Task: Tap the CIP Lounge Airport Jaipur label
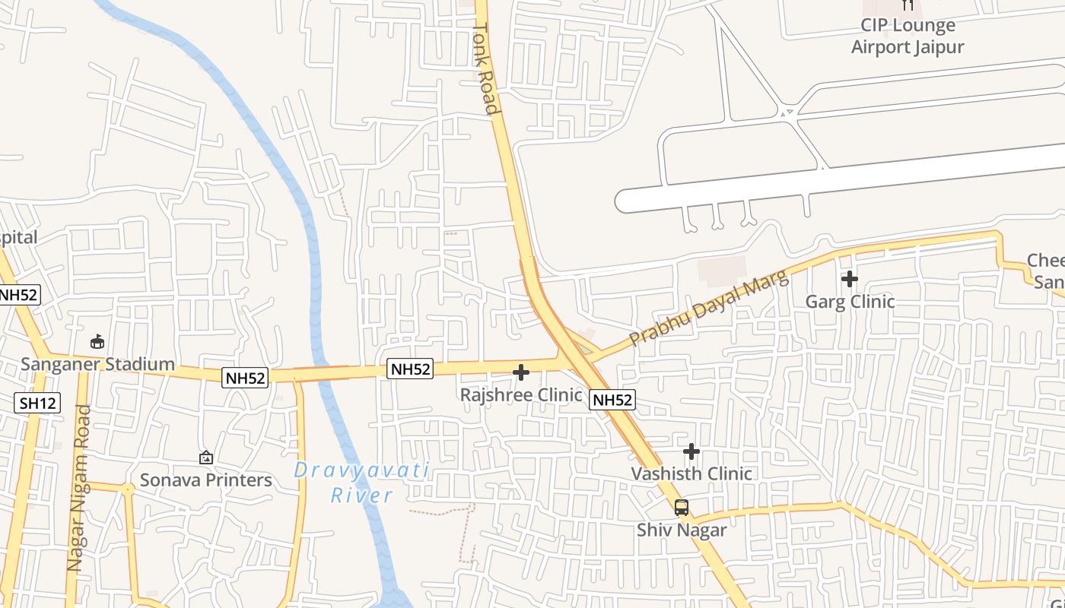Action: click(907, 36)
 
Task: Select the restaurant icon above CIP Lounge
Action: click(907, 5)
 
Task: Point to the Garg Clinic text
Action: click(850, 302)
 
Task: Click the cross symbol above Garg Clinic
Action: click(850, 279)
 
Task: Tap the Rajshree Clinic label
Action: click(521, 395)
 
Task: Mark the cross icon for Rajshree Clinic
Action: click(521, 372)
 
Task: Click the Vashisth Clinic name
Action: click(691, 473)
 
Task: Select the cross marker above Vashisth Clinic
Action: click(691, 451)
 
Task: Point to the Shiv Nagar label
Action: click(682, 530)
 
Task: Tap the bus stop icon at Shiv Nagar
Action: click(682, 508)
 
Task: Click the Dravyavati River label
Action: click(362, 483)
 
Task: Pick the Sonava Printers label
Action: click(206, 480)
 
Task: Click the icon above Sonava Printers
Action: click(205, 458)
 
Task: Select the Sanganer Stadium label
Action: click(97, 364)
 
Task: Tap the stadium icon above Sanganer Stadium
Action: click(97, 342)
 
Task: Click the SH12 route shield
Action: click(37, 403)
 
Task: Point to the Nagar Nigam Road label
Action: click(78, 489)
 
